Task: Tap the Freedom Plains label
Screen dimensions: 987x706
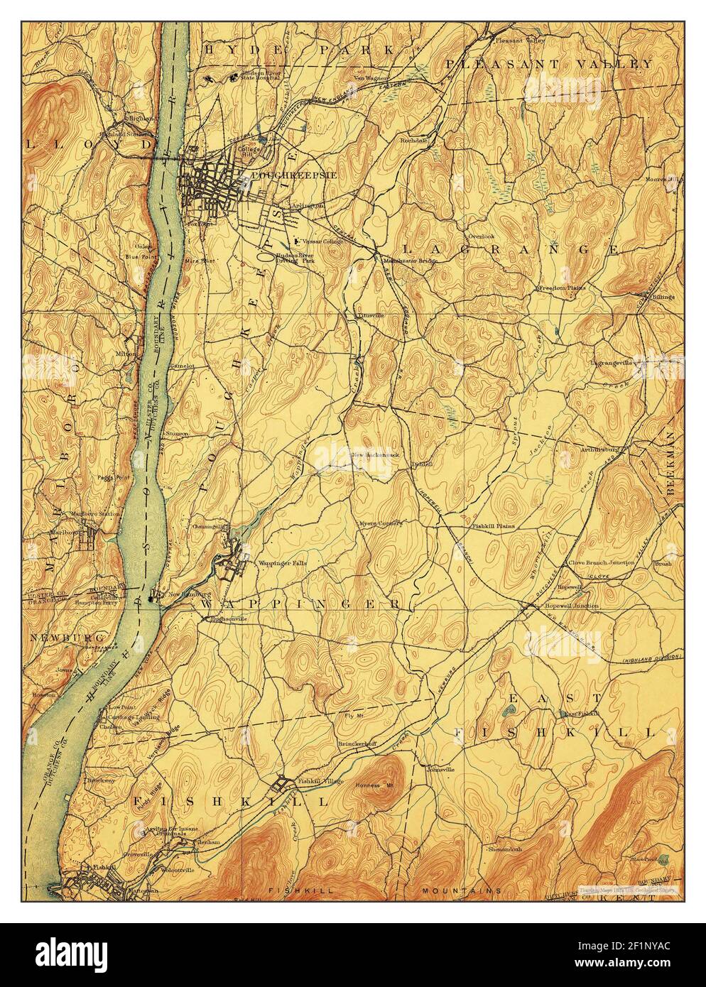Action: coord(561,288)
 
